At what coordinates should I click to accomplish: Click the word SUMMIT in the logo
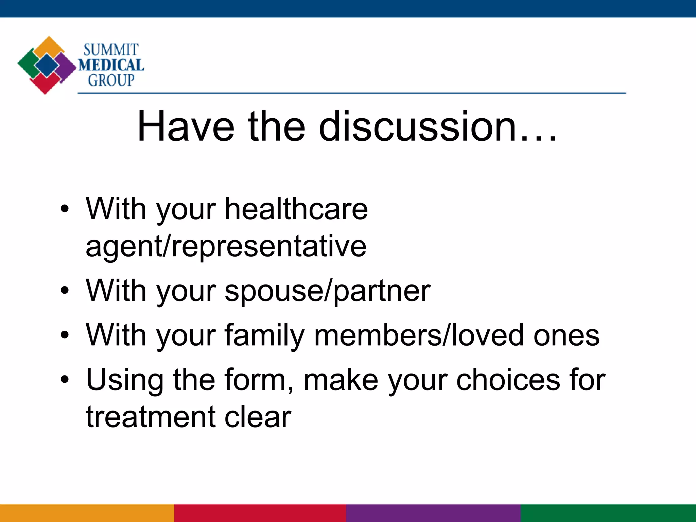(x=111, y=50)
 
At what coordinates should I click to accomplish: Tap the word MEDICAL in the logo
(x=111, y=65)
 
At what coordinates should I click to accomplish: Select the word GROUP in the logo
(x=111, y=80)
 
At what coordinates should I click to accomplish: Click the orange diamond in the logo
(x=49, y=46)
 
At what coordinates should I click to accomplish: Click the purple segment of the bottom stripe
(x=433, y=513)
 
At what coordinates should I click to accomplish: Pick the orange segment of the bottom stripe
(x=87, y=513)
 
